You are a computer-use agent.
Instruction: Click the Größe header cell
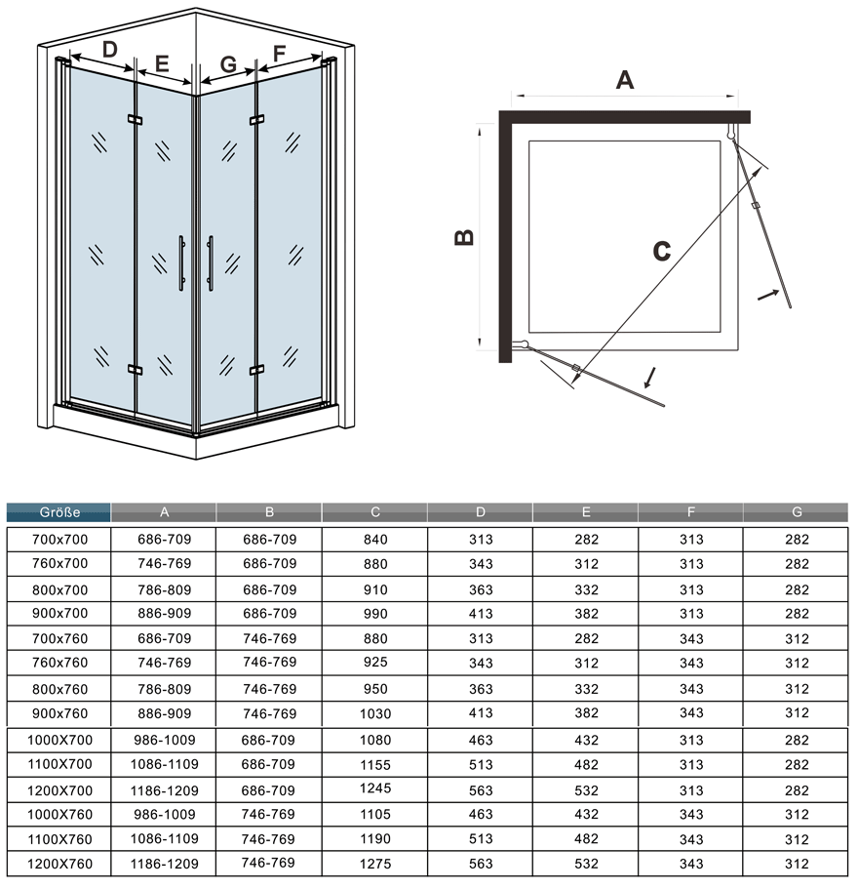click(x=58, y=512)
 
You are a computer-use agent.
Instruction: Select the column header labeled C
click(x=375, y=512)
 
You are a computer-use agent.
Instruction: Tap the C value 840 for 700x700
click(x=375, y=540)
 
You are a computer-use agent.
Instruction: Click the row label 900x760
click(x=59, y=713)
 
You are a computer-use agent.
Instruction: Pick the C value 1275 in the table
click(x=375, y=864)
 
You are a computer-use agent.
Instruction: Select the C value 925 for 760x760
click(x=375, y=662)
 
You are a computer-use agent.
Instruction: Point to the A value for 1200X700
click(x=164, y=790)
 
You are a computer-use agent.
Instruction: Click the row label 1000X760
click(x=59, y=815)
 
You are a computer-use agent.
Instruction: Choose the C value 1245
click(x=375, y=788)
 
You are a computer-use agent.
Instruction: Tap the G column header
click(x=797, y=512)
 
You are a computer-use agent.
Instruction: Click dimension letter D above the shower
click(x=110, y=50)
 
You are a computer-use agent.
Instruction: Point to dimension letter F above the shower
click(x=279, y=54)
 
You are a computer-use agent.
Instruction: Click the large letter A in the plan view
click(x=625, y=80)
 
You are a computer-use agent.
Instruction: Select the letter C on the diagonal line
click(x=661, y=251)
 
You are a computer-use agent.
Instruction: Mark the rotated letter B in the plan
click(x=464, y=237)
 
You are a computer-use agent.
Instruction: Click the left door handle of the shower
click(x=181, y=263)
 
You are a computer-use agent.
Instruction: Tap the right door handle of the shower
click(x=211, y=263)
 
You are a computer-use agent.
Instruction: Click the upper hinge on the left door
click(x=135, y=120)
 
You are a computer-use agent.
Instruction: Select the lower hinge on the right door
click(x=256, y=370)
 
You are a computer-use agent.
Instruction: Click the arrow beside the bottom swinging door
click(x=650, y=378)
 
